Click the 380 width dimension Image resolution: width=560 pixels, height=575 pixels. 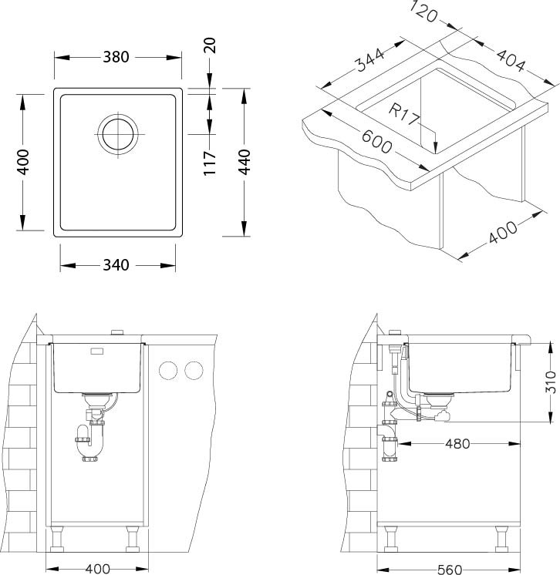pyautogui.click(x=116, y=57)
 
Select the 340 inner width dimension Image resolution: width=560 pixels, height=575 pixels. pyautogui.click(x=116, y=265)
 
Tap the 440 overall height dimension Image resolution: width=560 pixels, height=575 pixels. pyautogui.click(x=244, y=162)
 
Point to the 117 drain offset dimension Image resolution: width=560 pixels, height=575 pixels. pyautogui.click(x=210, y=163)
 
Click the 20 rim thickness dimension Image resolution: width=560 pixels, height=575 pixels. pyautogui.click(x=210, y=45)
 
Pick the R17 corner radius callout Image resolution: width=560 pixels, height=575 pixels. pyautogui.click(x=403, y=114)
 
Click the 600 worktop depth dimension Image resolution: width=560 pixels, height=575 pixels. pyautogui.click(x=376, y=142)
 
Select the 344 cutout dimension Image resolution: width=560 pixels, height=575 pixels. pyautogui.click(x=370, y=59)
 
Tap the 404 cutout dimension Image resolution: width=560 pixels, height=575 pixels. pyautogui.click(x=511, y=60)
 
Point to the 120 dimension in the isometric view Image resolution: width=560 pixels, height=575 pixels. pyautogui.click(x=423, y=12)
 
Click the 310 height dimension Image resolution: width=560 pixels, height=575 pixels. pyautogui.click(x=551, y=382)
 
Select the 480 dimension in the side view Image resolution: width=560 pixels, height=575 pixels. pyautogui.click(x=457, y=444)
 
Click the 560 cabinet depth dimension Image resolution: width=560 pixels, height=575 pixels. pyautogui.click(x=450, y=569)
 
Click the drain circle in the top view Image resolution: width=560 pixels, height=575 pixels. pyautogui.click(x=118, y=133)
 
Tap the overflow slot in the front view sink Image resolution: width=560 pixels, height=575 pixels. pyautogui.click(x=97, y=351)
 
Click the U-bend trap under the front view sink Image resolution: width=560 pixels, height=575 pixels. pyautogui.click(x=90, y=441)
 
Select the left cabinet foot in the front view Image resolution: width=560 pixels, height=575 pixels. pyautogui.click(x=57, y=539)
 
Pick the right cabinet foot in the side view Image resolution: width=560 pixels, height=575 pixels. pyautogui.click(x=501, y=539)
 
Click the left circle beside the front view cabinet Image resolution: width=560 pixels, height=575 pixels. pyautogui.click(x=168, y=371)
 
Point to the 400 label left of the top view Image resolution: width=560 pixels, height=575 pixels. pyautogui.click(x=22, y=162)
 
